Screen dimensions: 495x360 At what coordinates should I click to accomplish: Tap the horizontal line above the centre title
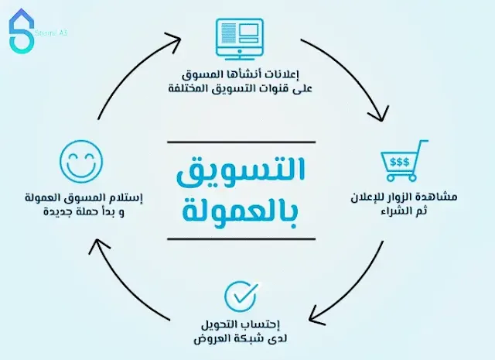click(x=241, y=142)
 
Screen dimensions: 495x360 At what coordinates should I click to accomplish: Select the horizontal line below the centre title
click(x=241, y=238)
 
